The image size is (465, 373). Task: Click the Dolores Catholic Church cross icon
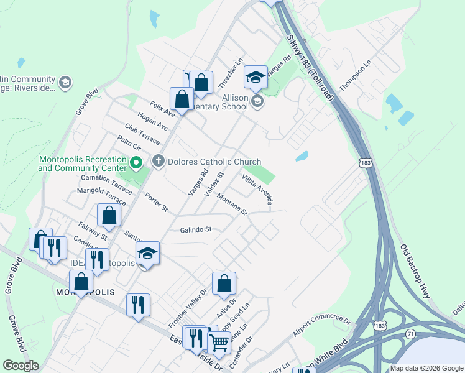click(x=158, y=162)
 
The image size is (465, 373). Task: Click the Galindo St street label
click(x=196, y=229)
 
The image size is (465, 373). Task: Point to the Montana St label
click(x=233, y=204)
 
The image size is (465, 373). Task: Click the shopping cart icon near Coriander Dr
click(x=219, y=341)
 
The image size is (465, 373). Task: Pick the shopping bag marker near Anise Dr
click(x=224, y=283)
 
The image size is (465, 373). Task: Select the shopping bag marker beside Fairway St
click(x=109, y=215)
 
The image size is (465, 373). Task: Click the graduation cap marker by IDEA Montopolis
click(x=148, y=253)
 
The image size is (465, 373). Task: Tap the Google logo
click(x=21, y=366)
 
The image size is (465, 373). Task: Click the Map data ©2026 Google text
click(x=426, y=368)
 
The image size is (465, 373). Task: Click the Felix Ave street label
click(x=162, y=109)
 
